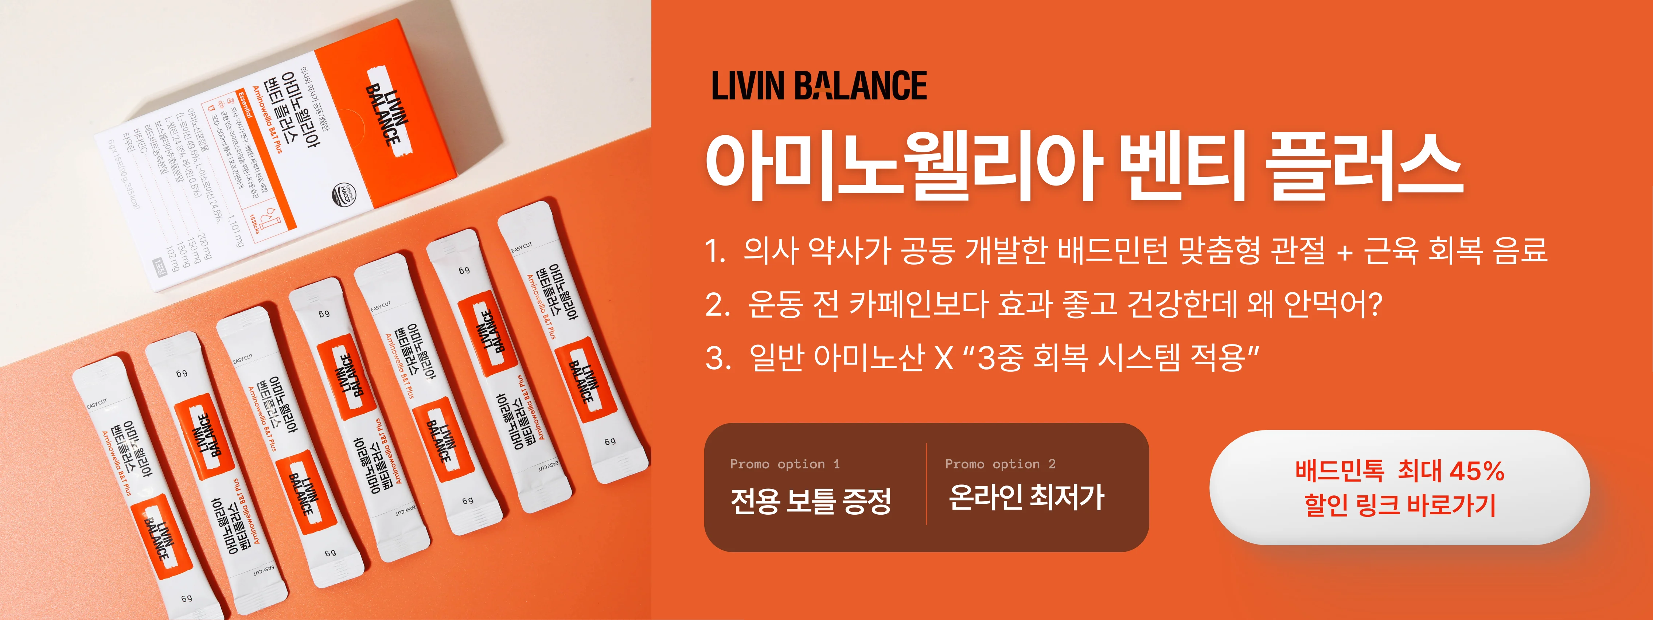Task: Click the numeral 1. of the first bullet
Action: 714,251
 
